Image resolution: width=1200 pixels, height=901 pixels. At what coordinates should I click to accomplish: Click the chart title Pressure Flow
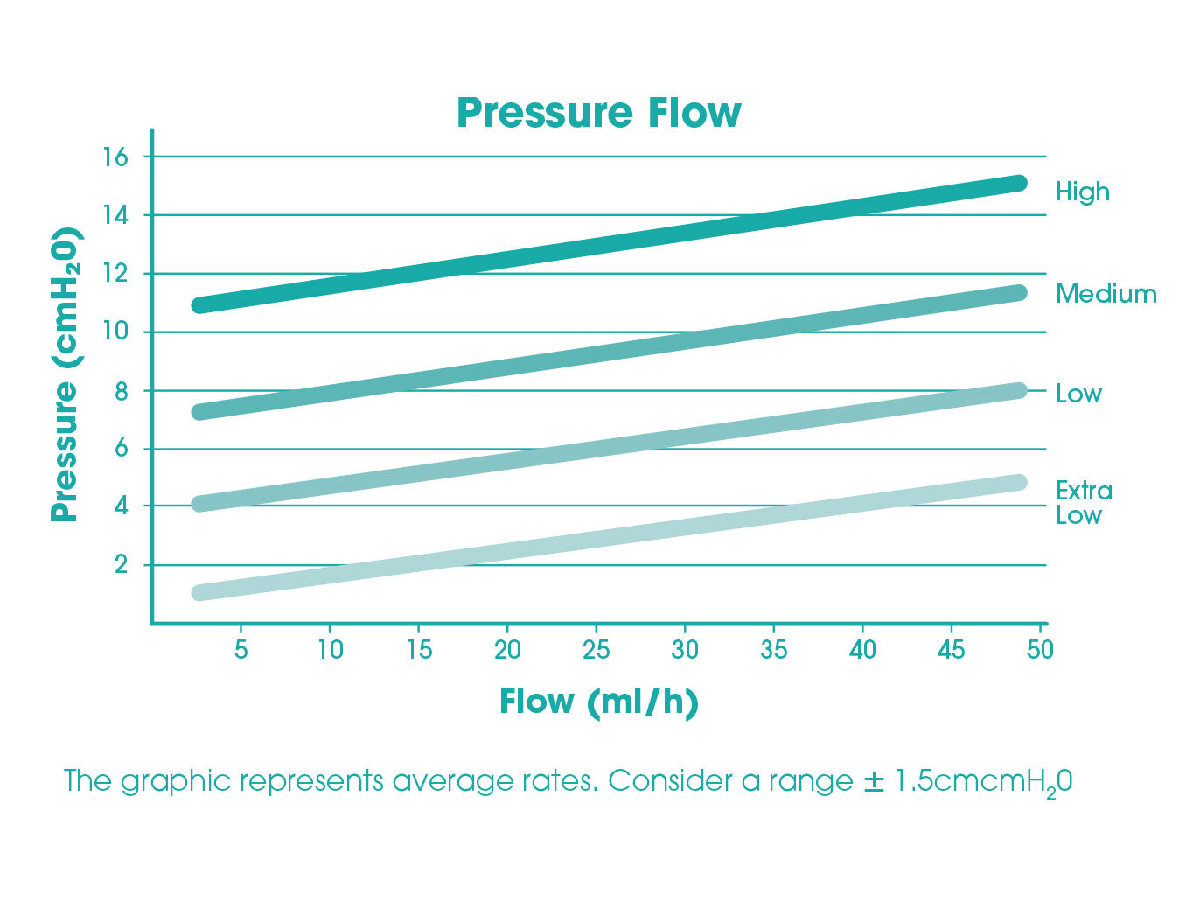click(598, 113)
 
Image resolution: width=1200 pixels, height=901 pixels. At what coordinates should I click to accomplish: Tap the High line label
click(1082, 192)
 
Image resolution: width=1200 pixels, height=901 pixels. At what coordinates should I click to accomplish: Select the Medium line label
click(1106, 294)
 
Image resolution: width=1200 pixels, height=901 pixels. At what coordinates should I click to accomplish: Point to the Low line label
click(1078, 394)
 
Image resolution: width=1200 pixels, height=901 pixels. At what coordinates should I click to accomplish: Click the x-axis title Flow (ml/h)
click(598, 702)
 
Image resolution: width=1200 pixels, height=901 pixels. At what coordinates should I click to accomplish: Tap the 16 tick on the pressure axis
click(115, 157)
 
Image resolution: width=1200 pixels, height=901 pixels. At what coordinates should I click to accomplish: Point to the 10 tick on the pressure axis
click(115, 332)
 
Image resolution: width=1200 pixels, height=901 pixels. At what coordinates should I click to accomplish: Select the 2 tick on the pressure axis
click(121, 565)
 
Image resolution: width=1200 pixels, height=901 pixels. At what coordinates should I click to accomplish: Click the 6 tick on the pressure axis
click(121, 449)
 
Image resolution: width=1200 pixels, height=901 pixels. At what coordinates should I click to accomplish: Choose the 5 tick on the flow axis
click(241, 650)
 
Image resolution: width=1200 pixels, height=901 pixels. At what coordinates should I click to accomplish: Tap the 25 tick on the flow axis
click(596, 650)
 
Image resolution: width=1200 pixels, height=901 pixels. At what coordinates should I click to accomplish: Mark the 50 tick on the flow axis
click(1040, 650)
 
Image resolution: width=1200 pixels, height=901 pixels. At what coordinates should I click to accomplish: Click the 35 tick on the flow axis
click(773, 650)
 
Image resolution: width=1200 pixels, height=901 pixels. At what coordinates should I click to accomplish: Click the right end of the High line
click(1018, 183)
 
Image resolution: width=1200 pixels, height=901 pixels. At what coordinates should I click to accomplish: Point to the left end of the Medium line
click(200, 411)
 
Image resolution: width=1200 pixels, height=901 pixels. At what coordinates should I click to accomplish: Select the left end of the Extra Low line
click(200, 592)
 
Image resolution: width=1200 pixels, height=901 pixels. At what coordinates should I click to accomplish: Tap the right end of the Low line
click(1018, 390)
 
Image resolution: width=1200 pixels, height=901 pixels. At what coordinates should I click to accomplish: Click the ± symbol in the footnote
click(874, 780)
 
